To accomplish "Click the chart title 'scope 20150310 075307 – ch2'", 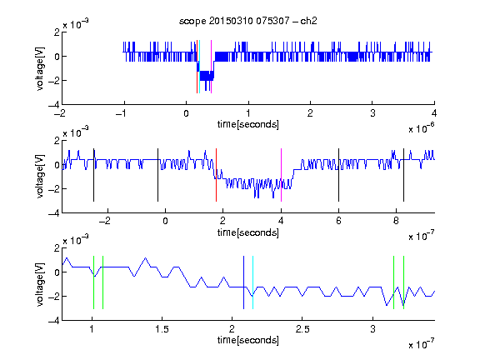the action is tap(248, 21).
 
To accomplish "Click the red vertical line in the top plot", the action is tap(197, 67).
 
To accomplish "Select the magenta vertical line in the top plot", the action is tap(211, 67).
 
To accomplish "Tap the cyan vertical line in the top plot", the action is tap(200, 67).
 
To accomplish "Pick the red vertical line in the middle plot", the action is tap(216, 175).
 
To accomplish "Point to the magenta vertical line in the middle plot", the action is tap(281, 175).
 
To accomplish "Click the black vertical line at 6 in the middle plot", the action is tap(338, 175).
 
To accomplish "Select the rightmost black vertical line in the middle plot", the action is tap(403, 175).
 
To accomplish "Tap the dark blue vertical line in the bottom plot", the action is tap(243, 282).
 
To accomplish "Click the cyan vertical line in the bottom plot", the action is tap(252, 282).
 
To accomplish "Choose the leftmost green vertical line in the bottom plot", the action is tap(93, 282).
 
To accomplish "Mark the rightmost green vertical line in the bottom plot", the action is tap(404, 282).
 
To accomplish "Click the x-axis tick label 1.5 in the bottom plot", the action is tap(162, 329).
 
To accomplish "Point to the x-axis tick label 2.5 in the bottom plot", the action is tap(302, 329).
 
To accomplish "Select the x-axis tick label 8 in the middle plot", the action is tap(396, 221).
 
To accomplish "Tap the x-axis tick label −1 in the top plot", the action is tap(121, 113).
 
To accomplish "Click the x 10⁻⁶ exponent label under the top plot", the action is tap(422, 128).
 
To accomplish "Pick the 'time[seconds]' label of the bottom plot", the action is tap(248, 340).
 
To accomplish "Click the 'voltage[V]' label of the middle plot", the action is tap(40, 177).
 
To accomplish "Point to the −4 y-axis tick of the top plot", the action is tap(54, 105).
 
